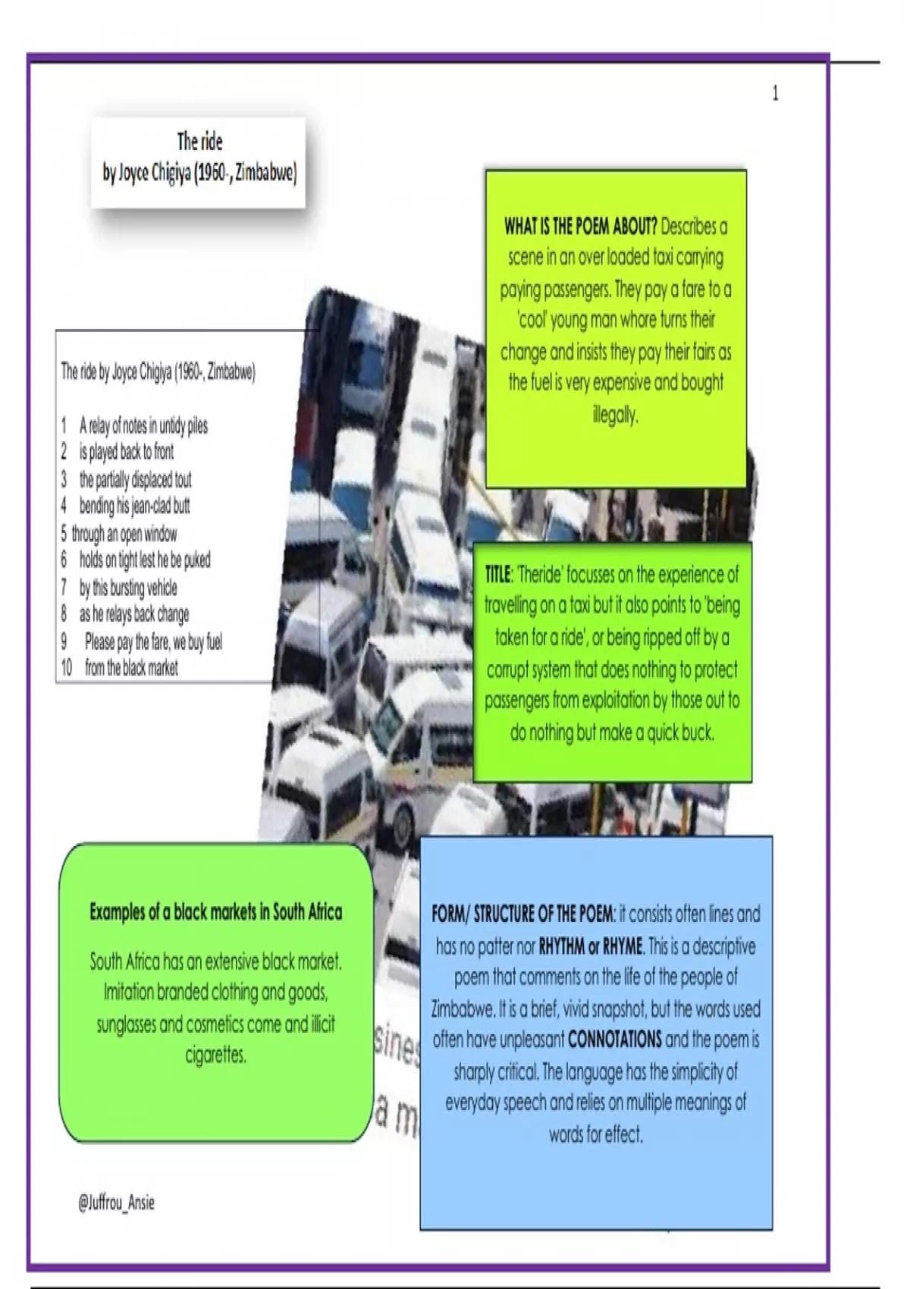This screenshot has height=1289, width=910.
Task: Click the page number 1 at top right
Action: [x=775, y=93]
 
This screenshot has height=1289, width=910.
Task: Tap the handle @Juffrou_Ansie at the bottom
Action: [x=116, y=1202]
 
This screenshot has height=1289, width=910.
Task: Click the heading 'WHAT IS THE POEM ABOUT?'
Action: [x=580, y=226]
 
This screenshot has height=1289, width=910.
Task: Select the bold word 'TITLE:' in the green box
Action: [x=499, y=574]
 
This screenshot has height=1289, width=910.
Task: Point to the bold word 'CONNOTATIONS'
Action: [x=614, y=1039]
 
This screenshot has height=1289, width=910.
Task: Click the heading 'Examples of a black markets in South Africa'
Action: [x=215, y=911]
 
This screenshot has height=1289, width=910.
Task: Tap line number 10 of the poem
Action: [x=67, y=668]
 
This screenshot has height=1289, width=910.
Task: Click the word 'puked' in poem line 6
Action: [x=196, y=560]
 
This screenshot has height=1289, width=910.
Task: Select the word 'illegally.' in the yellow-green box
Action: [x=615, y=415]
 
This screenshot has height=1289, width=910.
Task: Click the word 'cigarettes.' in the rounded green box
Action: [x=215, y=1055]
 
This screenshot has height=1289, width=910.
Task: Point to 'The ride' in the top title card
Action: [x=199, y=141]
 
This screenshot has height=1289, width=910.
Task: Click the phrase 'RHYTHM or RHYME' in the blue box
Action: [x=591, y=946]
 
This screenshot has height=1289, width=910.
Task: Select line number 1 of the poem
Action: [x=64, y=425]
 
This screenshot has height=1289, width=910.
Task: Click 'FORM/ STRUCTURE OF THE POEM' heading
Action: [x=522, y=914]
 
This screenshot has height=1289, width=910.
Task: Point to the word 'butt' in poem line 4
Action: [x=180, y=506]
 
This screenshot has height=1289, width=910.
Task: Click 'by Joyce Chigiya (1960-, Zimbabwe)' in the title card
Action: [x=199, y=174]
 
